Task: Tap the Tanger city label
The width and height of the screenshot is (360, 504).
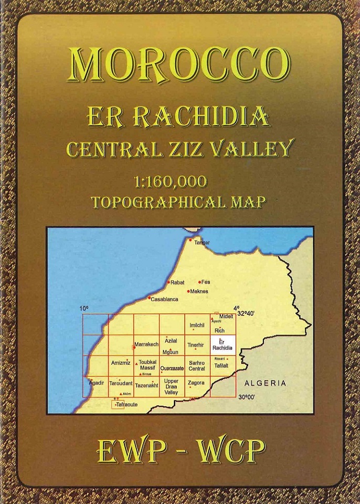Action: pyautogui.click(x=202, y=243)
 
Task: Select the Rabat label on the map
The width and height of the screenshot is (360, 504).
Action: pyautogui.click(x=178, y=282)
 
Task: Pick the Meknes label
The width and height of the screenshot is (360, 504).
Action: pyautogui.click(x=199, y=291)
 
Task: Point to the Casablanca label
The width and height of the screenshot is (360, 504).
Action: pyautogui.click(x=164, y=300)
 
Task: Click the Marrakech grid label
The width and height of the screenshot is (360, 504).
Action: pyautogui.click(x=146, y=344)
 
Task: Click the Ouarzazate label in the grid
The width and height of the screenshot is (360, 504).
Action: pyautogui.click(x=172, y=369)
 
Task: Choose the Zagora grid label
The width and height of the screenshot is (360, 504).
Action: pyautogui.click(x=196, y=383)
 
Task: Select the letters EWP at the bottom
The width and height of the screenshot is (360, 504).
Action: pyautogui.click(x=126, y=451)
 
